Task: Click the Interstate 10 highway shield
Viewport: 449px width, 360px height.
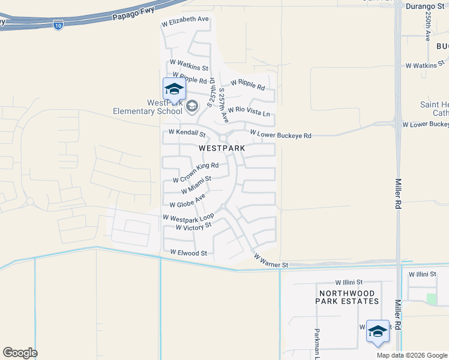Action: [x=58, y=26]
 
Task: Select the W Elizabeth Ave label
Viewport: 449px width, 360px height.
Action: [x=185, y=20]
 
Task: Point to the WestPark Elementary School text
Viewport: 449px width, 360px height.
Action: [x=148, y=107]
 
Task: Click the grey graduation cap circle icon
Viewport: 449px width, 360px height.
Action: [x=192, y=107]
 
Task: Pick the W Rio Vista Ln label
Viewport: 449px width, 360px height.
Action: [x=249, y=112]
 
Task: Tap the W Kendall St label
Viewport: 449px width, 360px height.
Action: [x=187, y=133]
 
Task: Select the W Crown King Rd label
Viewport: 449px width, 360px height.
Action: [x=196, y=172]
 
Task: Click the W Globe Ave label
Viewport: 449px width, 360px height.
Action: [x=188, y=201]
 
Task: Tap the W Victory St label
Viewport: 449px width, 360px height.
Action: [x=194, y=226]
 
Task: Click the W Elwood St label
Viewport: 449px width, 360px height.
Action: [x=188, y=253]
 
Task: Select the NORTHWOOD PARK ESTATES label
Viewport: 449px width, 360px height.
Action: [x=348, y=296]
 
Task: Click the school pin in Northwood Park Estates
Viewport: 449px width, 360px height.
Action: [x=378, y=332]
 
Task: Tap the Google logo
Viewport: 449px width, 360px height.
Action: [x=20, y=353]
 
